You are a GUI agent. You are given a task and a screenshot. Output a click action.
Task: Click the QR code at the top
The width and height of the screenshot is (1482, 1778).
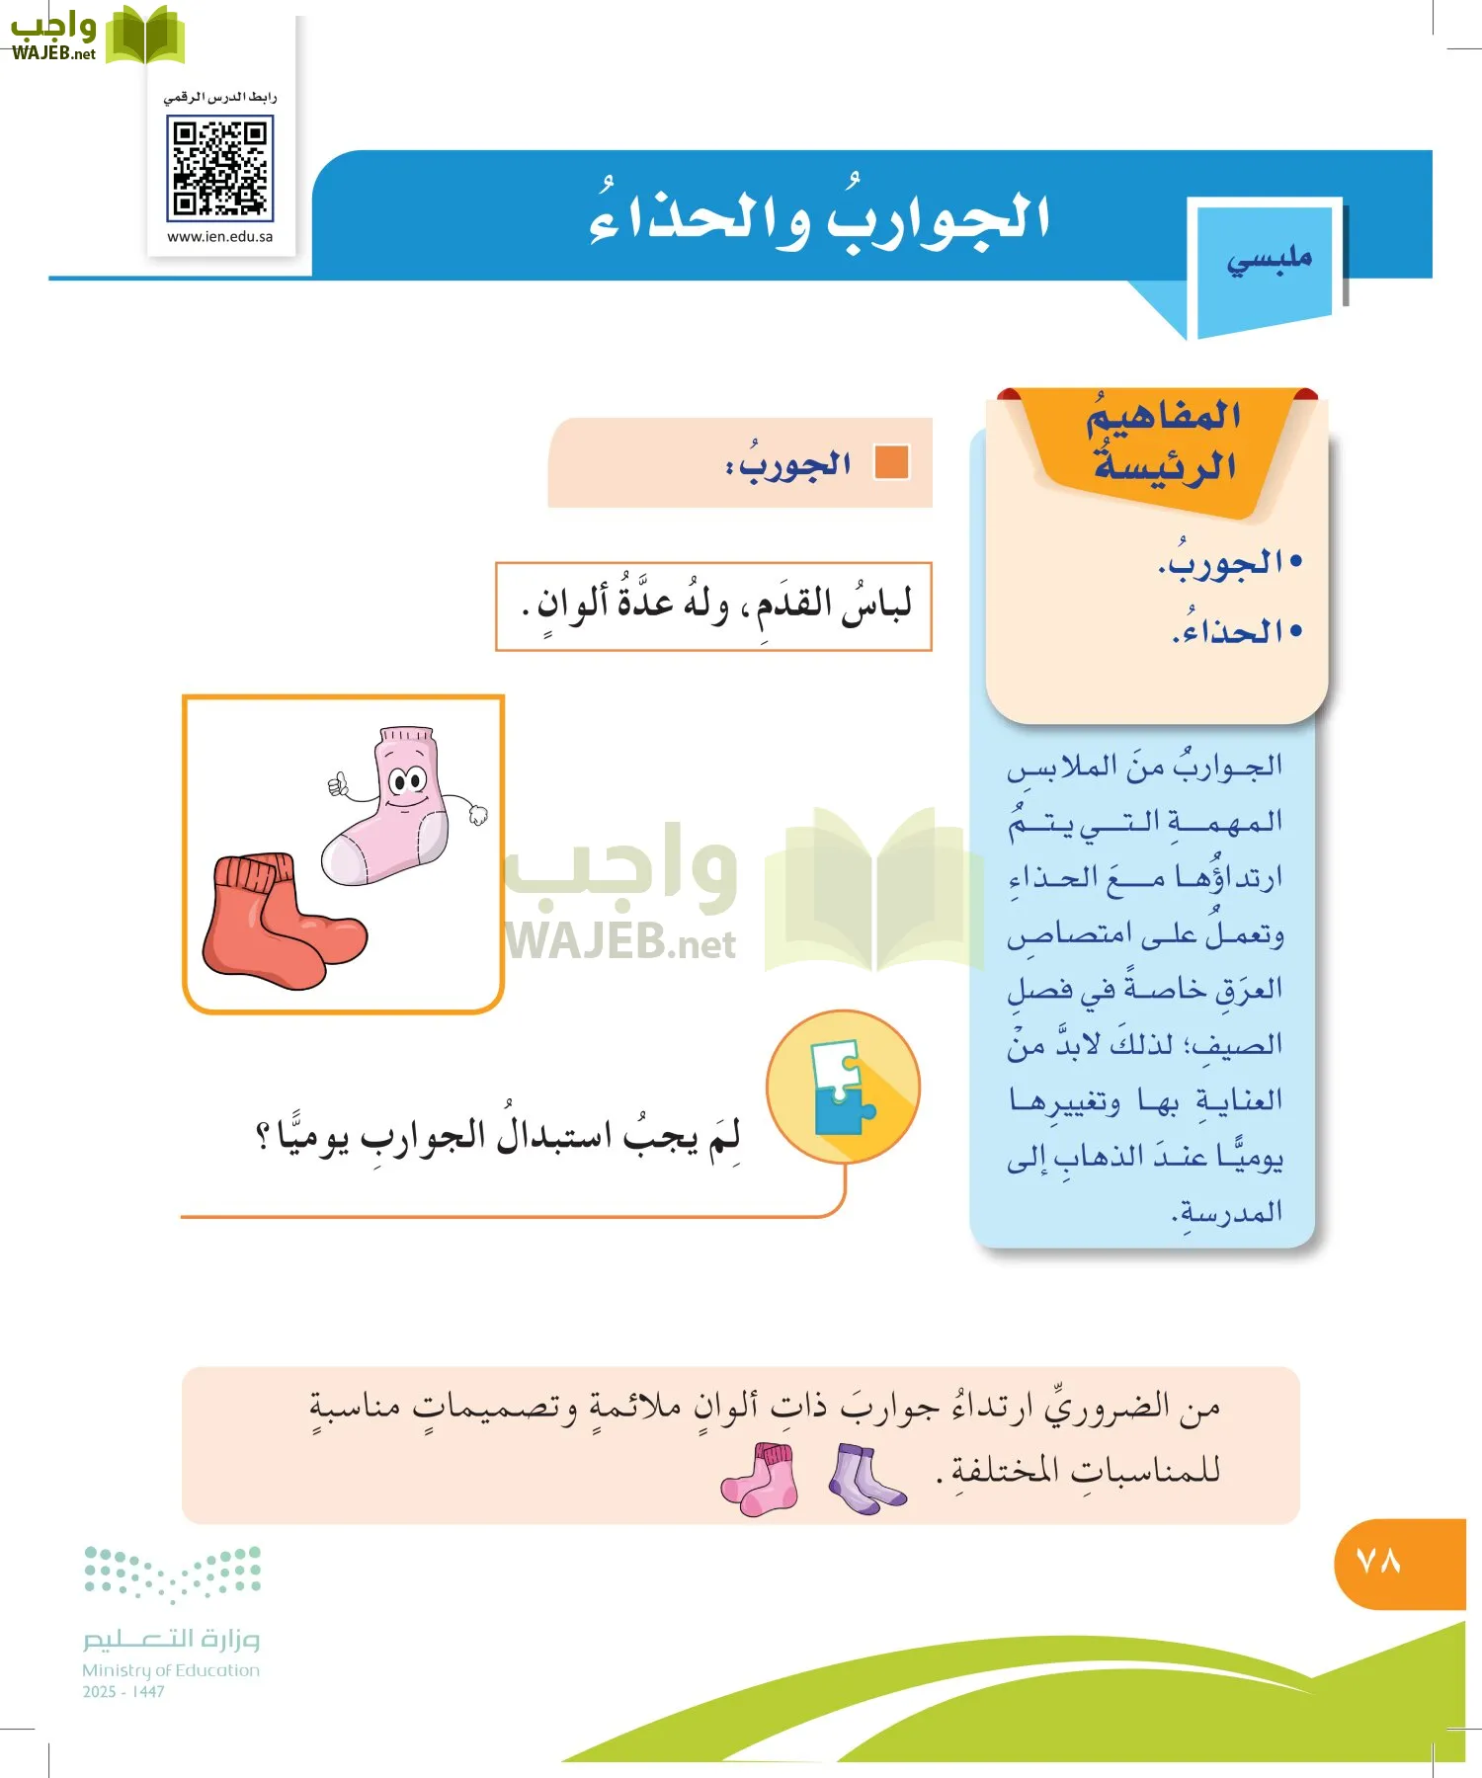tap(219, 167)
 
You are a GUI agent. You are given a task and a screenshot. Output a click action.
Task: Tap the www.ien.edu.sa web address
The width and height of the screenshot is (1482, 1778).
tap(219, 237)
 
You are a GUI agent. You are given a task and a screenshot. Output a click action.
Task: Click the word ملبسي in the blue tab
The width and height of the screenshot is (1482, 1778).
tap(1269, 259)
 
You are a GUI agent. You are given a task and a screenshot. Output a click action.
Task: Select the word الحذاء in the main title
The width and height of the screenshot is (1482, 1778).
tap(691, 219)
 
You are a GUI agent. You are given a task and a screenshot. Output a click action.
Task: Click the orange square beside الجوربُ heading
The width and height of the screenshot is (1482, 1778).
tap(892, 462)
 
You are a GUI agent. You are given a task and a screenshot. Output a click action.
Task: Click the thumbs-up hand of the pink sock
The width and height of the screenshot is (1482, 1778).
tap(338, 785)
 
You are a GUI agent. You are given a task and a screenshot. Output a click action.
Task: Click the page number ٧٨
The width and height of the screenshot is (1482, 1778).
tap(1379, 1562)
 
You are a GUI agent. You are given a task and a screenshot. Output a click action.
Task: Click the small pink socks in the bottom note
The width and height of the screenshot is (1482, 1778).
tap(760, 1479)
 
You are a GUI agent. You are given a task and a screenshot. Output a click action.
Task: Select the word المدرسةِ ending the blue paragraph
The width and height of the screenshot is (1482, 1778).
tap(1230, 1211)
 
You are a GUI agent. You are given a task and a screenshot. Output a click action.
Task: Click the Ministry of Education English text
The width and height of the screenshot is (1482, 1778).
tap(171, 1670)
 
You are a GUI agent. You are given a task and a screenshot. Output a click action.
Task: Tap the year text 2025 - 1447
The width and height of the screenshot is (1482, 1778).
tap(123, 1692)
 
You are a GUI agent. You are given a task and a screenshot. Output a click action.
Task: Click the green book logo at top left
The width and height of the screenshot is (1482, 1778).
tap(145, 37)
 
